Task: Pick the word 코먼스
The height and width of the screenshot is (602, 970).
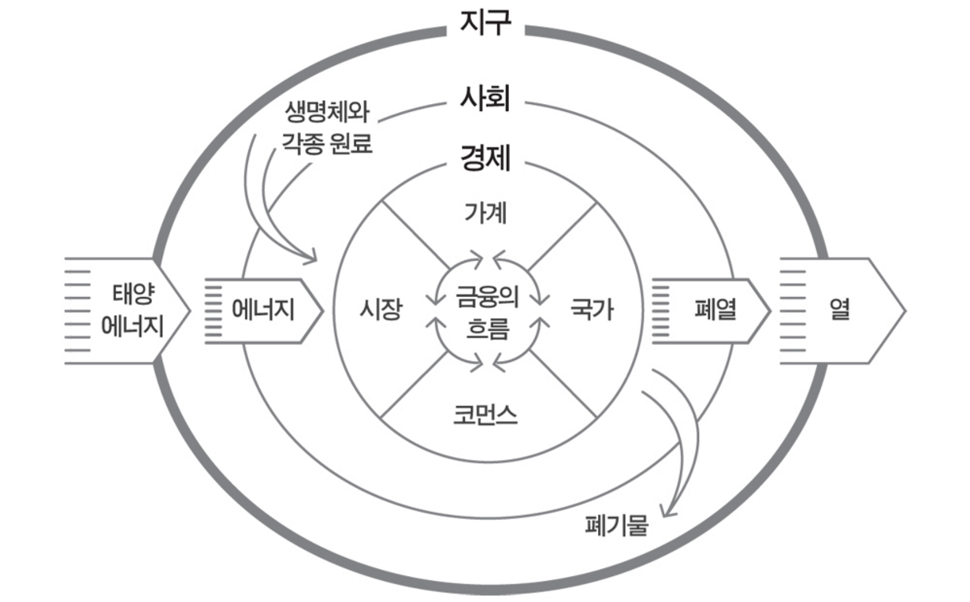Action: tap(485, 414)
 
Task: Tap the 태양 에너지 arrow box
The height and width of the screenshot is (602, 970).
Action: tap(126, 310)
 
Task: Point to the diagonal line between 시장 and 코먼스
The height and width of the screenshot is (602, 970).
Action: tap(414, 386)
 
